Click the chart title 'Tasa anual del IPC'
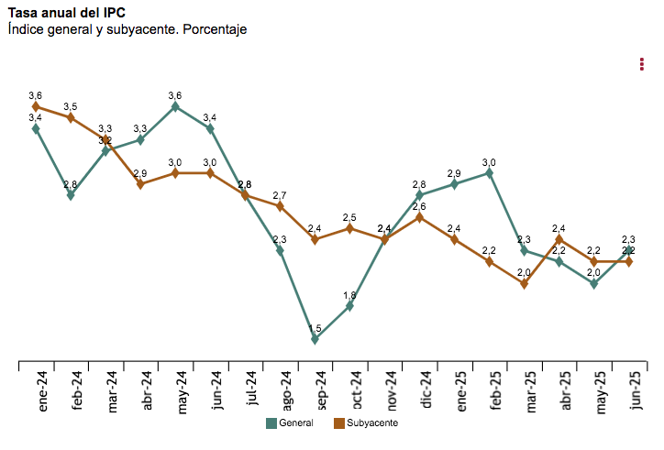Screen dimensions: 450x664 [x=67, y=13]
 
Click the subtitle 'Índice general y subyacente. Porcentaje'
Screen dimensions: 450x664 [x=127, y=29]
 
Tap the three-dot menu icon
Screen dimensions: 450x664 [x=641, y=63]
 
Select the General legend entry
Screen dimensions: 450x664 [x=290, y=423]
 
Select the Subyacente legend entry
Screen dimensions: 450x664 [x=363, y=423]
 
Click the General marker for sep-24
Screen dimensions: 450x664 [x=315, y=339]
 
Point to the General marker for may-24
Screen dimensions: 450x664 [x=175, y=106]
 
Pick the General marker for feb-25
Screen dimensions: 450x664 [x=490, y=172]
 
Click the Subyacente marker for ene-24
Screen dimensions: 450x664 [x=36, y=106]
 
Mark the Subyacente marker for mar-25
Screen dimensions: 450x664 [x=525, y=283]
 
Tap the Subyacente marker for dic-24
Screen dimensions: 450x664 [x=419, y=217]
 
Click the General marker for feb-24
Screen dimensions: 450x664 [x=71, y=195]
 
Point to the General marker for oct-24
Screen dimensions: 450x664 [x=349, y=306]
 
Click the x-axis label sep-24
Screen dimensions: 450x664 [x=315, y=390]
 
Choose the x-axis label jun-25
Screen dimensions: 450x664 [x=630, y=390]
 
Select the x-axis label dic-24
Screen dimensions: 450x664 [x=423, y=389]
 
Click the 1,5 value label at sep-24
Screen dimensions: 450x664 [x=314, y=329]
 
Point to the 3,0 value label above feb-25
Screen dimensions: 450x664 [x=490, y=162]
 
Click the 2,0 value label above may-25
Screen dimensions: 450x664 [x=593, y=272]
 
